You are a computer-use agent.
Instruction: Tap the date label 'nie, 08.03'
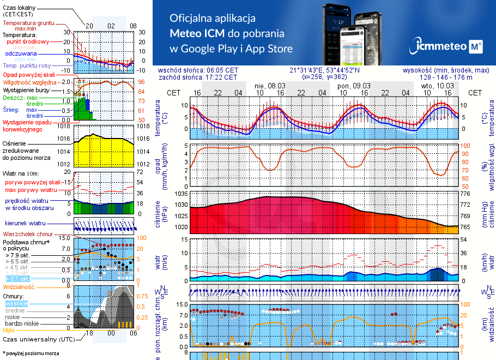click(x=270, y=86)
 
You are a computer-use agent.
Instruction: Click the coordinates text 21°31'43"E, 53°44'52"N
click(x=324, y=70)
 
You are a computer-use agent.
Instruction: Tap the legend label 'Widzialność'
click(x=19, y=286)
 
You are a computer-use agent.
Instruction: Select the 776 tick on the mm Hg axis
click(x=464, y=194)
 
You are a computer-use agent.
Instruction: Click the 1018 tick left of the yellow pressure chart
click(x=65, y=127)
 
